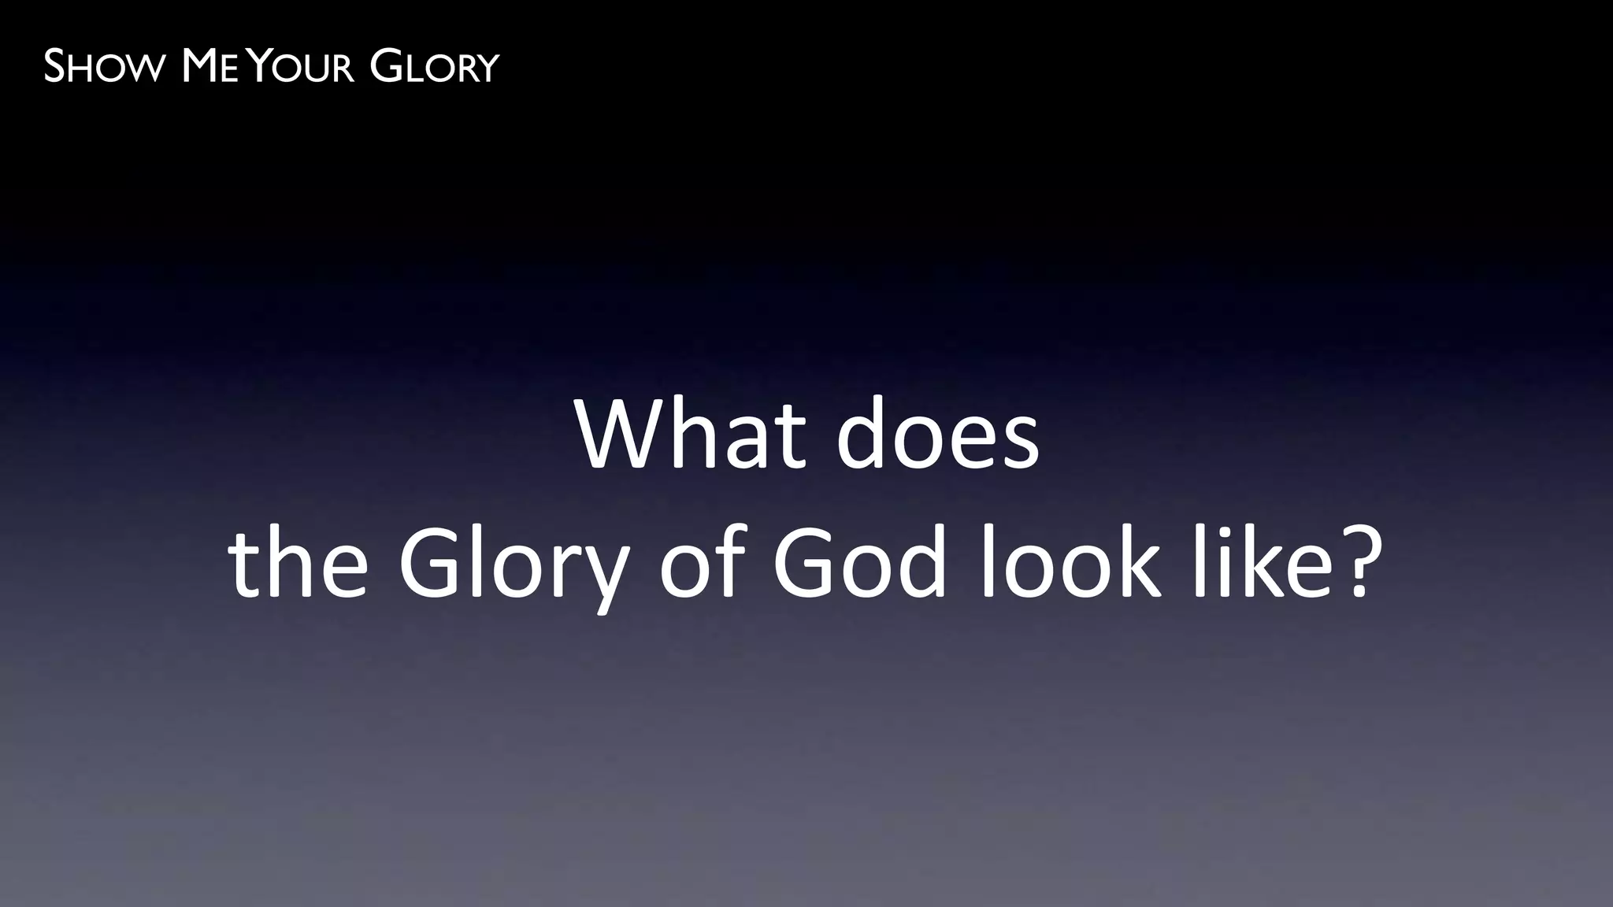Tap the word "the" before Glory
pos(298,561)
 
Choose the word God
pos(858,561)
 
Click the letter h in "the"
pos(293,561)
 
